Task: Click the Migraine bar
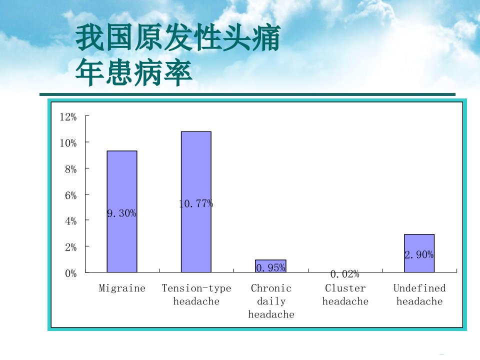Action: point(122,211)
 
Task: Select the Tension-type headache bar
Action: point(196,201)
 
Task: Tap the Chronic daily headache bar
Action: point(270,266)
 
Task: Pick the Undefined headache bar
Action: point(419,253)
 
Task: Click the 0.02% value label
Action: point(345,274)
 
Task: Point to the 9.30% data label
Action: point(122,213)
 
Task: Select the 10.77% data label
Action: point(196,203)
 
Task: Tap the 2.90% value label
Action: point(419,254)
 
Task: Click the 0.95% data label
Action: point(270,268)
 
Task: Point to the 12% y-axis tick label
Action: point(68,116)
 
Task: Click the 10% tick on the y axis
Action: point(68,142)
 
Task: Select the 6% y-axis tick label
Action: point(70,195)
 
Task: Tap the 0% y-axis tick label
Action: point(70,273)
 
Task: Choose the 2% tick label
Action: point(70,247)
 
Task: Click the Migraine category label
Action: point(122,288)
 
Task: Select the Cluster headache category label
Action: point(345,295)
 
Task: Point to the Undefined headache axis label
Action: point(419,295)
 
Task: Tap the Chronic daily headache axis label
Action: point(271,301)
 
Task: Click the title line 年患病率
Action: point(134,73)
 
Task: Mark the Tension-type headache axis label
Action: point(196,295)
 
